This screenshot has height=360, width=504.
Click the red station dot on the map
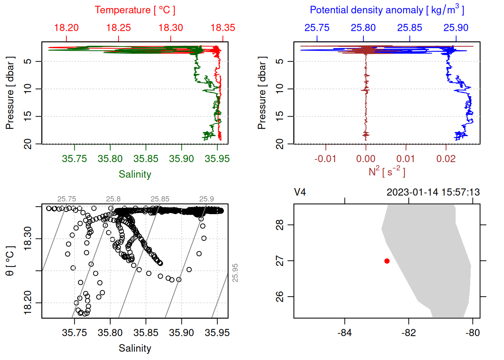387,261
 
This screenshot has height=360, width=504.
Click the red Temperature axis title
135,10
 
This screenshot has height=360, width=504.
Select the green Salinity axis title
135,174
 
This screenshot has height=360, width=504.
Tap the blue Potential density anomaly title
387,10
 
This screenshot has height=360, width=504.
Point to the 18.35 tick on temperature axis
223,39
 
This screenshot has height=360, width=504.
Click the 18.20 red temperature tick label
66,28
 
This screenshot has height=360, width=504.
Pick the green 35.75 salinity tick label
74,159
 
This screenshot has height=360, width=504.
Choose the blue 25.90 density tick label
456,28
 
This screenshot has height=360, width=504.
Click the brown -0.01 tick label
325,159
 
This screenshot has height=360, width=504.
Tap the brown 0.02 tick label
446,159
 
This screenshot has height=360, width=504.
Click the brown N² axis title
387,171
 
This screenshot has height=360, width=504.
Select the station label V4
300,192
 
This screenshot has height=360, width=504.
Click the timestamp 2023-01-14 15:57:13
433,192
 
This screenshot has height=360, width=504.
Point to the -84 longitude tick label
344,333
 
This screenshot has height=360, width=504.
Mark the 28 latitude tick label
280,225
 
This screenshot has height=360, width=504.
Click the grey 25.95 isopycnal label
235,273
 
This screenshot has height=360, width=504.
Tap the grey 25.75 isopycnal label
66,199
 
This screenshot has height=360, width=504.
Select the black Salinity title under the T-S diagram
135,348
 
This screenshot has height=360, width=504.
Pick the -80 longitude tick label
472,333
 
